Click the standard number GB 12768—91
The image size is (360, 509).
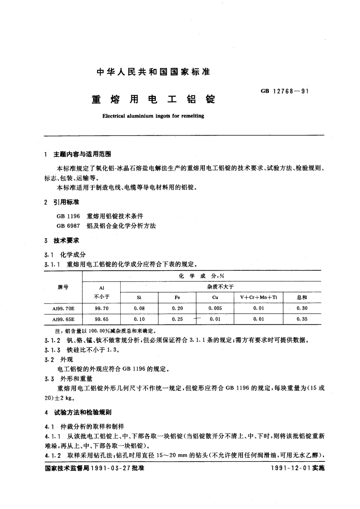point(284,91)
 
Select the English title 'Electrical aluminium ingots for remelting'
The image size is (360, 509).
point(153,116)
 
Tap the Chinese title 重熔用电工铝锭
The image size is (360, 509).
point(153,99)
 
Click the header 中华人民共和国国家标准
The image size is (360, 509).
point(153,72)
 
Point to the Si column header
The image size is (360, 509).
point(139,297)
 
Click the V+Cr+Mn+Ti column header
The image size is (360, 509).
point(258,297)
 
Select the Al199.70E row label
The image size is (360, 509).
point(63,308)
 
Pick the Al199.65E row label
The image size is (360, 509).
point(63,319)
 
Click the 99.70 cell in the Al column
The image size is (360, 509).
point(102,308)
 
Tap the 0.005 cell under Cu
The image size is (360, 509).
point(215,308)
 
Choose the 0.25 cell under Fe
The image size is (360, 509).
point(177,319)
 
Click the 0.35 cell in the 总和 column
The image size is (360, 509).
point(302,319)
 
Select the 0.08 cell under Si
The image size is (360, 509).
point(139,308)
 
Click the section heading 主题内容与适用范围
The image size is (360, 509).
point(82,154)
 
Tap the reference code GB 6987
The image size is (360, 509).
point(68,226)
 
